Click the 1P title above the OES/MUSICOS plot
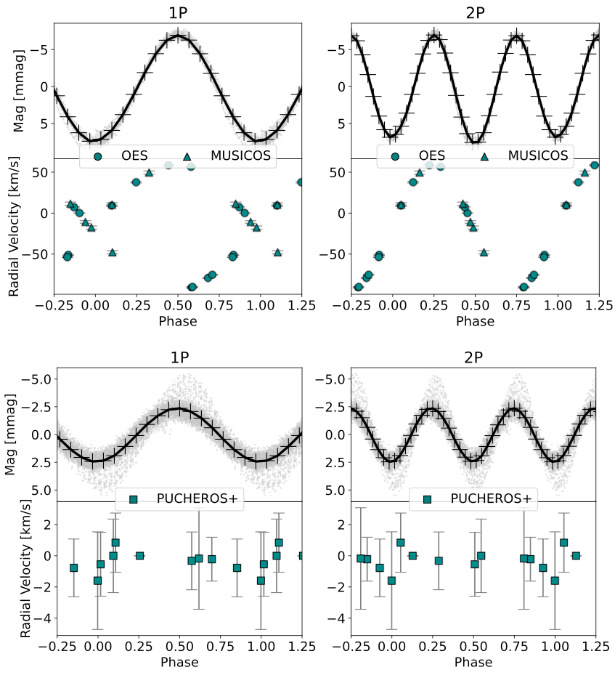pos(178,13)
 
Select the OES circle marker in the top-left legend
pos(98,155)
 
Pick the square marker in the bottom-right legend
pos(427,498)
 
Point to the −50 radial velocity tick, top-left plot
pos(37,254)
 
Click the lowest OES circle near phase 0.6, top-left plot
pos(192,287)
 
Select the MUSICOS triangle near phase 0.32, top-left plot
pos(149,173)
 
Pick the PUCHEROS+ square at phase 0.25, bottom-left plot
pos(139,555)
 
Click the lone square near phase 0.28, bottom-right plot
pos(439,560)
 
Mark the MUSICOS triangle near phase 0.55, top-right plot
pos(484,252)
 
